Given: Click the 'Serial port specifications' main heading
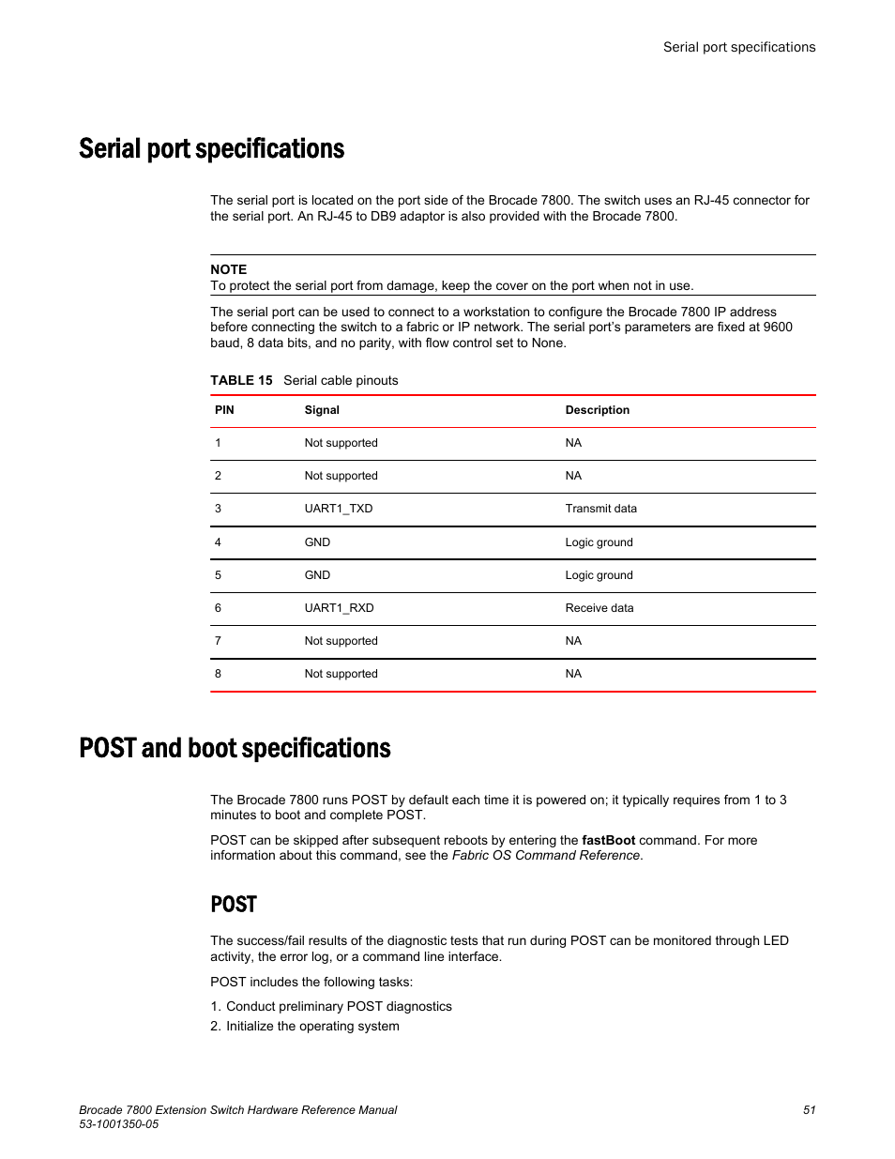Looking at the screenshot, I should tap(211, 149).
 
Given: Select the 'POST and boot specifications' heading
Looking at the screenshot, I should tap(235, 748).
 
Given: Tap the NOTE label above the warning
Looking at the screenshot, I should tap(228, 269).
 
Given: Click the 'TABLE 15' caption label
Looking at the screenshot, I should tap(241, 380).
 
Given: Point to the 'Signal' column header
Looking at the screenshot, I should tap(322, 410).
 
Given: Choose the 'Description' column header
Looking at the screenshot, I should tap(597, 410).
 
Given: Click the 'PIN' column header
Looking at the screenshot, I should tap(224, 410).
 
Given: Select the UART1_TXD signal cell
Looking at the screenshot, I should tap(338, 509).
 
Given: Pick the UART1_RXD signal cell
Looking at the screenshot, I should tap(339, 608).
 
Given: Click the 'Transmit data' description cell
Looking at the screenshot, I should tap(600, 509).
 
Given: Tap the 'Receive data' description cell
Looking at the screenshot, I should tap(599, 608).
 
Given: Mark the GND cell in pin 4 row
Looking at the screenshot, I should tap(317, 542).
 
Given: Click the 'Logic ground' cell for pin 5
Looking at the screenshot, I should tap(599, 575).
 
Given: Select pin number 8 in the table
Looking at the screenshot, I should tap(218, 674).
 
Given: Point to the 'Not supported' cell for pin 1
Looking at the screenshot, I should tap(341, 443).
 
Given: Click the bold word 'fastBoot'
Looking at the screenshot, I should tap(608, 840).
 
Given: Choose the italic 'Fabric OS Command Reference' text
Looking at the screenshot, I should tap(546, 855).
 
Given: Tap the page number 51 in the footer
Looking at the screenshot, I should tap(809, 1109).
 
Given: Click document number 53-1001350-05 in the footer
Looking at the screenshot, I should tap(118, 1124).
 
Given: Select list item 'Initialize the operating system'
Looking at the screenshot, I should tap(312, 1026).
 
